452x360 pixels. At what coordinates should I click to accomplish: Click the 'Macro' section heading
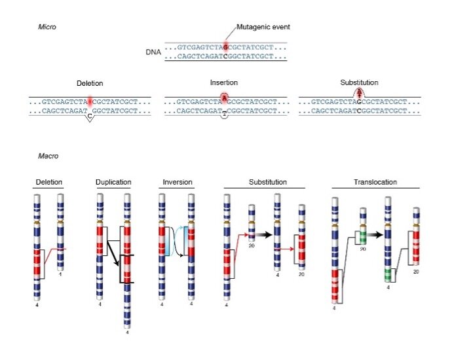click(x=48, y=156)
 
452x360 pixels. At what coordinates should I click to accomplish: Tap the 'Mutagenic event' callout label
click(x=263, y=27)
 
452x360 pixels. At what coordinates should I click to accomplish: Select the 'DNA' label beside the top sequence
click(x=153, y=51)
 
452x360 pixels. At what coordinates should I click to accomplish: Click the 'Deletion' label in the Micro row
click(x=90, y=84)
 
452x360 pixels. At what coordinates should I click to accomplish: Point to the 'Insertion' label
click(x=224, y=83)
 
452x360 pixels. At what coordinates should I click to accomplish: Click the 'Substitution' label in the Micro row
click(x=359, y=83)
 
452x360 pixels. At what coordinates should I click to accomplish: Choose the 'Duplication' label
click(x=113, y=182)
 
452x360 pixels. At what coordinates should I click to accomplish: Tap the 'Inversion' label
click(x=176, y=182)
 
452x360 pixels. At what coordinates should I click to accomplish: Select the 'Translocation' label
click(x=375, y=182)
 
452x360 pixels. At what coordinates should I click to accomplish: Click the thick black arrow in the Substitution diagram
click(x=263, y=233)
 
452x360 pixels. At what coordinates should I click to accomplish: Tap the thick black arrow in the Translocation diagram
click(x=374, y=233)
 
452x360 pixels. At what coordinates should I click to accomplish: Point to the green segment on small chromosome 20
click(x=362, y=235)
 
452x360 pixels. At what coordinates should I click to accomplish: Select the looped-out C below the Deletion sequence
click(x=90, y=118)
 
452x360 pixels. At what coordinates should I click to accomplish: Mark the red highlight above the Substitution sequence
click(x=358, y=93)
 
